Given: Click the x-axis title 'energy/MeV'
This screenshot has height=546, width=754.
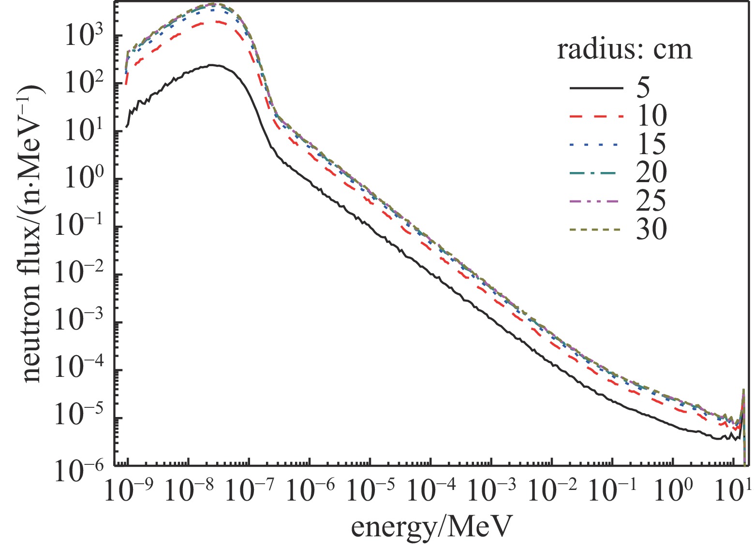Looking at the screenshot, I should pyautogui.click(x=430, y=527).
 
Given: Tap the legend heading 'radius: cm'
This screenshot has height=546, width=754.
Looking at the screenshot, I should pyautogui.click(x=624, y=50).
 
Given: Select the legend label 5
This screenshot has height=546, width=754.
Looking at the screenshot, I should pyautogui.click(x=643, y=88).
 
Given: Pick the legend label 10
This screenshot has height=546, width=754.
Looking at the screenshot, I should pyautogui.click(x=651, y=116).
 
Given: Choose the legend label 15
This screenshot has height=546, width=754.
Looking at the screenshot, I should pyautogui.click(x=651, y=144).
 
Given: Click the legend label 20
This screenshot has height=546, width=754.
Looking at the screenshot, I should pyautogui.click(x=651, y=172).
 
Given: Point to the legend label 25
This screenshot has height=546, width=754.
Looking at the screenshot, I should pyautogui.click(x=651, y=201).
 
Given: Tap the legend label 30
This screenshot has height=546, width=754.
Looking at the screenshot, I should pyautogui.click(x=651, y=229).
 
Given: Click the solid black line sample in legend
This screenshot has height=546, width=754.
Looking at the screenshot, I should pyautogui.click(x=596, y=88).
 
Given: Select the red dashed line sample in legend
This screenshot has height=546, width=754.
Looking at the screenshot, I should pyautogui.click(x=596, y=116).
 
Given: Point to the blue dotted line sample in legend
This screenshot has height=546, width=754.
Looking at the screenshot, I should pyautogui.click(x=596, y=144).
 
